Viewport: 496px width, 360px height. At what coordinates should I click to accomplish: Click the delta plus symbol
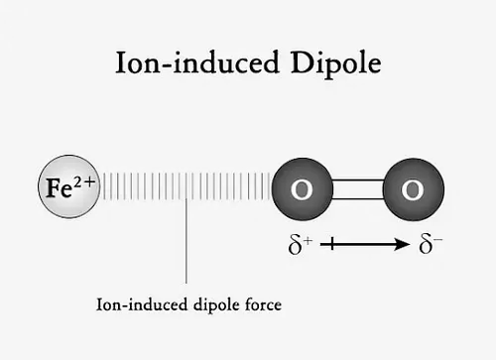pyautogui.click(x=301, y=243)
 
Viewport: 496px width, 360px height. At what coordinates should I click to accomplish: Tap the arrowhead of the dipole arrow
pyautogui.click(x=401, y=243)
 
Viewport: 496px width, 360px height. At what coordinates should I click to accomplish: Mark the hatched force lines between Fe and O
pyautogui.click(x=186, y=186)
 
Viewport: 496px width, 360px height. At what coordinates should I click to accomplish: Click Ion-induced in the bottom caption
pyautogui.click(x=139, y=305)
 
